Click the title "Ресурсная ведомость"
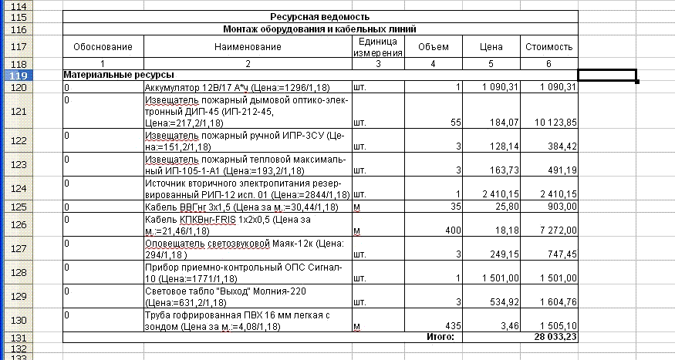(319, 16)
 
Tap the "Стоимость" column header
(548, 47)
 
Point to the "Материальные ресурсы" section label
(118, 75)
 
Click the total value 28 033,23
(550, 337)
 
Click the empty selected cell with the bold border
(607, 75)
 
